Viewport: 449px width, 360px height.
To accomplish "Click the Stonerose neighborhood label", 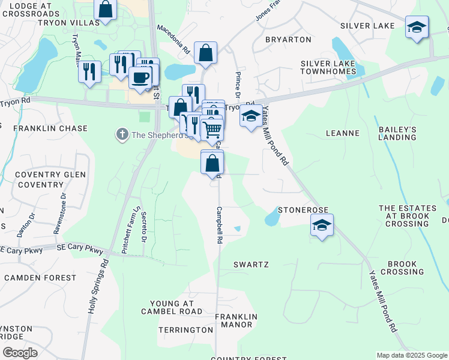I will pyautogui.click(x=302, y=210).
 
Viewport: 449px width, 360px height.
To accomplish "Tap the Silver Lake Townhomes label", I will pyautogui.click(x=328, y=67).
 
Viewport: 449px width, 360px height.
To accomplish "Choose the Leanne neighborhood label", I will pyautogui.click(x=342, y=133).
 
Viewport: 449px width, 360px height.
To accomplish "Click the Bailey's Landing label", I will pyautogui.click(x=397, y=133).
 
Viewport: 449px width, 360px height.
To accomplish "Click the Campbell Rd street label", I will pyautogui.click(x=220, y=225).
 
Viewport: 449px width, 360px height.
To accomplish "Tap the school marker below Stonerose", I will pyautogui.click(x=322, y=226).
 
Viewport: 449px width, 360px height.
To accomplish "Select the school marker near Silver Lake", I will pyautogui.click(x=417, y=28).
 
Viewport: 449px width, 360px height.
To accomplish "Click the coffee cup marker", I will pyautogui.click(x=140, y=77).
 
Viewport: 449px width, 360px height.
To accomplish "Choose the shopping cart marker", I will pyautogui.click(x=212, y=128).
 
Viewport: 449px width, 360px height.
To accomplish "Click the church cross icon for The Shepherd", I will pyautogui.click(x=122, y=134).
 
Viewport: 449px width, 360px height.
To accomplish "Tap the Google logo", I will pyautogui.click(x=20, y=353).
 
